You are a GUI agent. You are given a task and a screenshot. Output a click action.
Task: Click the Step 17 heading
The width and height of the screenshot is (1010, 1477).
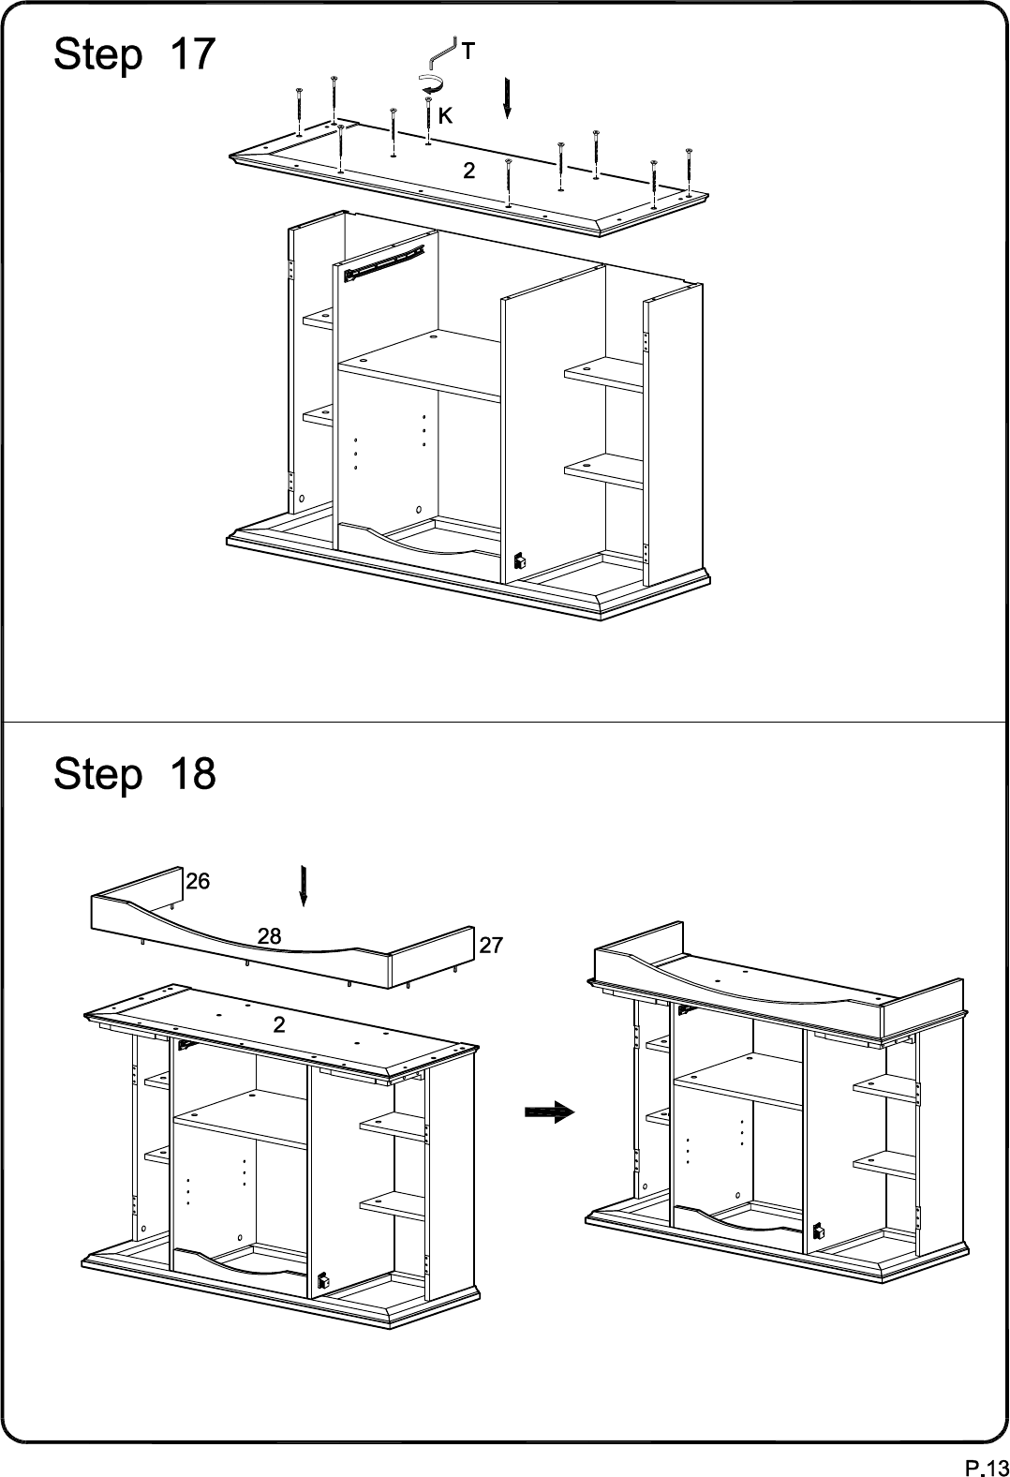135,55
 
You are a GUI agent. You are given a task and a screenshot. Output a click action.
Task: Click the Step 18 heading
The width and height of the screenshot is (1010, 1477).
135,774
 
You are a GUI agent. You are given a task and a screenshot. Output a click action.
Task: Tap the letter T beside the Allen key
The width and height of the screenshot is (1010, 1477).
468,51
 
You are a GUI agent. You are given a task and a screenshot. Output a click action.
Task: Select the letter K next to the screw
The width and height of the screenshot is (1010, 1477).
446,115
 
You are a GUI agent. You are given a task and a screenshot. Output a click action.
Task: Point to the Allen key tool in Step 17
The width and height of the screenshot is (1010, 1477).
440,52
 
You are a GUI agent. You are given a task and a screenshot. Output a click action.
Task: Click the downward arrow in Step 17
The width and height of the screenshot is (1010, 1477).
507,98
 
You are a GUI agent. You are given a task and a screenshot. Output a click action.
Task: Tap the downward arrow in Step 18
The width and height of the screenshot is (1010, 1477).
304,886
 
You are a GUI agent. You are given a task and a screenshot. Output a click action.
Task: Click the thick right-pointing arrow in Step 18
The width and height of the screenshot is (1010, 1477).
549,1112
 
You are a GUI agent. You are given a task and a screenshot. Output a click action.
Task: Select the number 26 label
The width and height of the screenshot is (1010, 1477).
197,881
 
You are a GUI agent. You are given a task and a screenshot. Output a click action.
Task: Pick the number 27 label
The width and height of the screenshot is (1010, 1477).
491,946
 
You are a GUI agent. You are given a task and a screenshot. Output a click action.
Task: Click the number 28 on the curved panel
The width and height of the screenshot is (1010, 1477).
269,935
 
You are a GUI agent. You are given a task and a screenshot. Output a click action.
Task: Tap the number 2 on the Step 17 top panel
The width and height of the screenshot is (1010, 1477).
468,171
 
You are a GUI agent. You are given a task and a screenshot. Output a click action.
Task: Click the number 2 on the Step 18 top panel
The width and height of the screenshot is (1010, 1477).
279,1024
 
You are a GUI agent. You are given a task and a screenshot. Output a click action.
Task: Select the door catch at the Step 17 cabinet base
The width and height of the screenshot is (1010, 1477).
519,561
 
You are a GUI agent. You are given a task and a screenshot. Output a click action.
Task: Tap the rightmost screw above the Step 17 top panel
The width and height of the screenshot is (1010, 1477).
689,172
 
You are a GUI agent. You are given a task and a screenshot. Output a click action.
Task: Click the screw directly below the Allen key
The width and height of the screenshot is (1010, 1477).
428,120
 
